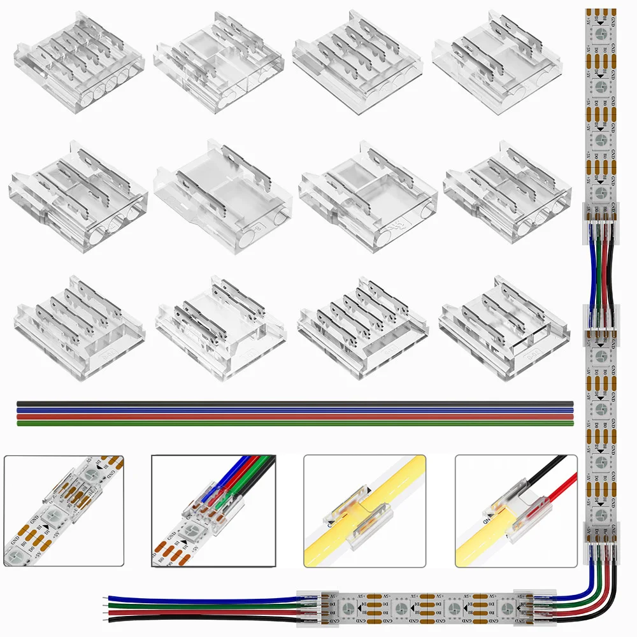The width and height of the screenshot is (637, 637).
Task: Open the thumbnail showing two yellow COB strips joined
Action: pos(364,511)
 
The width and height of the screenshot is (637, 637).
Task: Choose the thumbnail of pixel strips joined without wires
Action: pos(64,511)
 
